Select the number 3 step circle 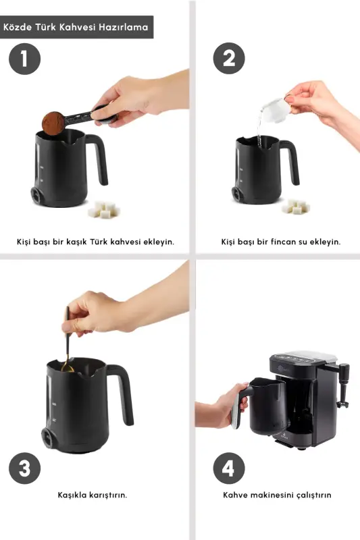coord(25,468)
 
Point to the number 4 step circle coord(229,468)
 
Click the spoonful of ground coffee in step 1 coord(53,122)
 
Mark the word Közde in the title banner coord(18,28)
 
